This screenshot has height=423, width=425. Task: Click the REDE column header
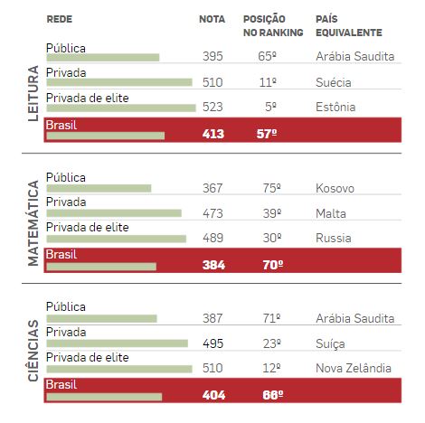coord(60,19)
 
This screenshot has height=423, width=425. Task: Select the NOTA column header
coord(212,19)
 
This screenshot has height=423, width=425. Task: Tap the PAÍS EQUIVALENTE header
coord(349,25)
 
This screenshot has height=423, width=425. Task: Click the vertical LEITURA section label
coord(33,93)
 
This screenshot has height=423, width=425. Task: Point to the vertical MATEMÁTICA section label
coord(33,223)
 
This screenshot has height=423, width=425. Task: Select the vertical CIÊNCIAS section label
coord(33,351)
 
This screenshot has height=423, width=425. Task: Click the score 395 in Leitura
coord(212,56)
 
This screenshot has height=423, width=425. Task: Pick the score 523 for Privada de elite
coord(212,107)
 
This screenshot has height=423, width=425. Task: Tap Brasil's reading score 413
coord(213,134)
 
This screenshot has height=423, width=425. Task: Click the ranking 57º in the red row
coord(267,134)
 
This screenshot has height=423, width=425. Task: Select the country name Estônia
coord(335,107)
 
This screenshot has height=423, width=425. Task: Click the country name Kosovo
coord(335,189)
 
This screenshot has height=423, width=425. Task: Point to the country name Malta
coord(331,213)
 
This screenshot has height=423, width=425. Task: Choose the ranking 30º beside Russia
coord(272,238)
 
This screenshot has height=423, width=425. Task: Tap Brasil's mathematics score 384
coord(213,265)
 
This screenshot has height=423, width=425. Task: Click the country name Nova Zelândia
coord(354,368)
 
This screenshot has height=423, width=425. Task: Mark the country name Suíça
coord(330,343)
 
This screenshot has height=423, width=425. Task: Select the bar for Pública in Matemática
coord(99,188)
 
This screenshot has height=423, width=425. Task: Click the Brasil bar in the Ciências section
coord(104,397)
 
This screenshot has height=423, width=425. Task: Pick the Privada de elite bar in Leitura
coord(121,108)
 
